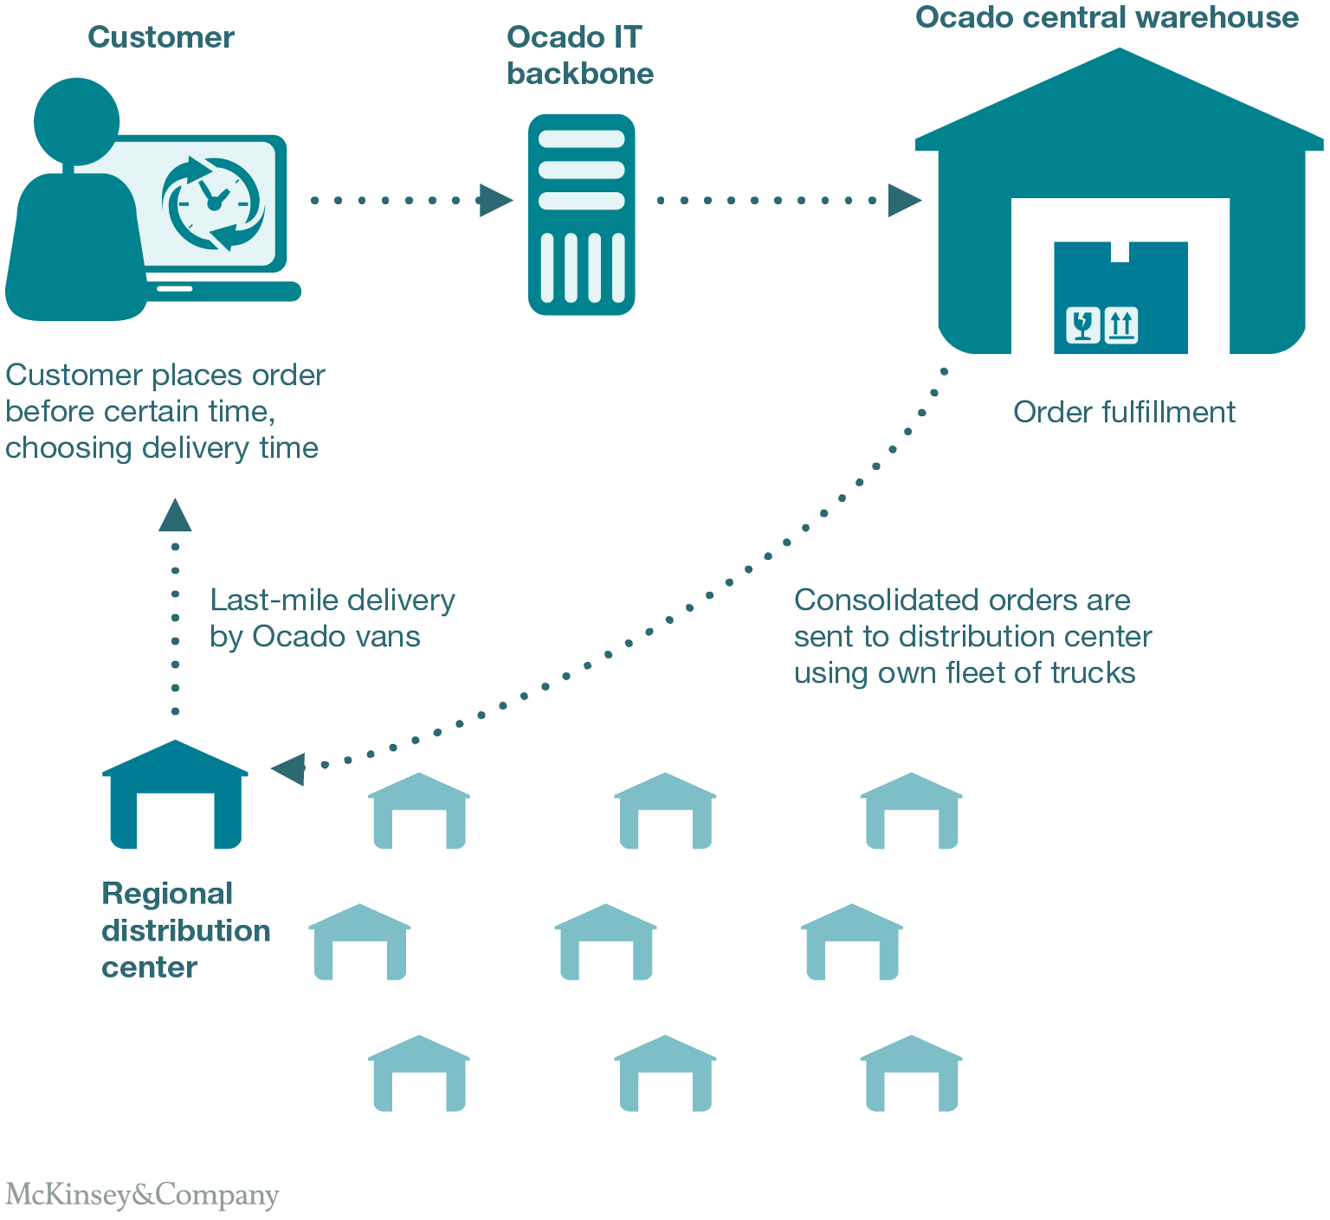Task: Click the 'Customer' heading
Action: pyautogui.click(x=161, y=37)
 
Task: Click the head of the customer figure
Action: pyautogui.click(x=76, y=120)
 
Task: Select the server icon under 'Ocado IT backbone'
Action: pyautogui.click(x=581, y=214)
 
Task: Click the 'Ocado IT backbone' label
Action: pyautogui.click(x=579, y=55)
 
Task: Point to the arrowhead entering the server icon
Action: pyautogui.click(x=495, y=200)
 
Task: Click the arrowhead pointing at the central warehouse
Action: pyautogui.click(x=904, y=200)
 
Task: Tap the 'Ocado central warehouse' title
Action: pyautogui.click(x=1107, y=17)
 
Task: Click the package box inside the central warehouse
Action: pyautogui.click(x=1120, y=297)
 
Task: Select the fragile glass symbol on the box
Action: pyautogui.click(x=1082, y=325)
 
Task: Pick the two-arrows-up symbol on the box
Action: pyautogui.click(x=1121, y=325)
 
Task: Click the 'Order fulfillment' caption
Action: pyautogui.click(x=1124, y=412)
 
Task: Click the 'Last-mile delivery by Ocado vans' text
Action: pyautogui.click(x=332, y=618)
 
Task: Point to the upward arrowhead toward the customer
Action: pyautogui.click(x=175, y=516)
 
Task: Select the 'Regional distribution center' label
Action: pyautogui.click(x=185, y=930)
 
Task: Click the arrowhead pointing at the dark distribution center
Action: pyautogui.click(x=289, y=768)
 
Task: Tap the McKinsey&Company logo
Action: pyautogui.click(x=142, y=1195)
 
